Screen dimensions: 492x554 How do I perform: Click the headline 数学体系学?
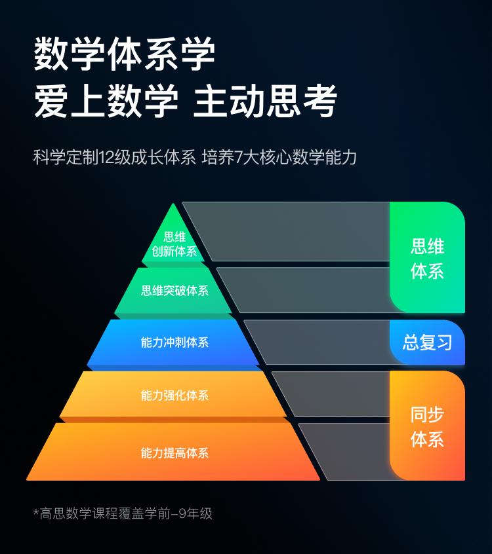(x=125, y=55)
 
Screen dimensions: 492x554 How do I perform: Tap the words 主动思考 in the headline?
(x=265, y=102)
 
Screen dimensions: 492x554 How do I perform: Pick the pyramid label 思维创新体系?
(x=174, y=244)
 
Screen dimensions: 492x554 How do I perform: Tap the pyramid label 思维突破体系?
(x=174, y=291)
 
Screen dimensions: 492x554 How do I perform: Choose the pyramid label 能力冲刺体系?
(x=174, y=342)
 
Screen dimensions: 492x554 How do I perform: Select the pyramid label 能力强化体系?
(x=174, y=395)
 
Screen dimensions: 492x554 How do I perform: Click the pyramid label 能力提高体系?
(x=174, y=452)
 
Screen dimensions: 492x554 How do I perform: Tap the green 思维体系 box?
(x=427, y=258)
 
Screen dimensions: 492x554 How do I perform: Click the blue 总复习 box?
(x=427, y=342)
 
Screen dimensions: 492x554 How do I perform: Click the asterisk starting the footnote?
(x=36, y=511)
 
